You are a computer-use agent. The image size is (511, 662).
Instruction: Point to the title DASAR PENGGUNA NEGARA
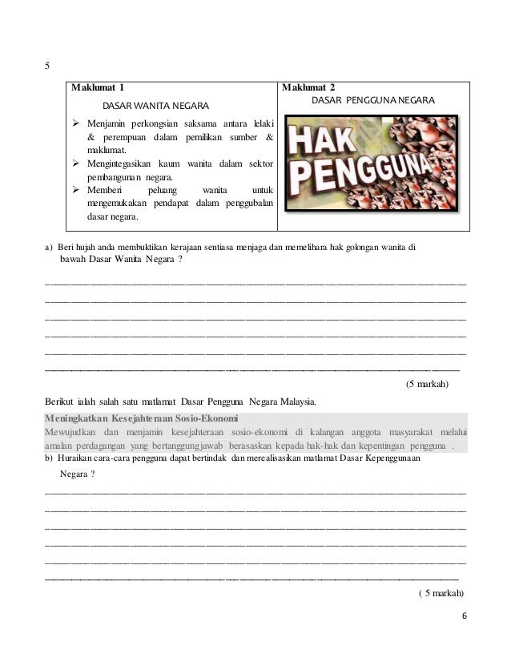pyautogui.click(x=372, y=101)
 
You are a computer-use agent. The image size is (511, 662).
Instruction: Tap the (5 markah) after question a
pyautogui.click(x=427, y=384)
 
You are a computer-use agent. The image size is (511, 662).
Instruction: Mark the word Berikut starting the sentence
pyautogui.click(x=61, y=401)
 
